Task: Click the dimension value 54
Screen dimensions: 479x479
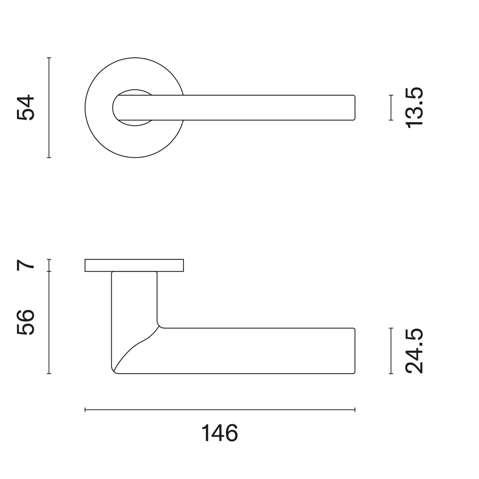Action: click(26, 107)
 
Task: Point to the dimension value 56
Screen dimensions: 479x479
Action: click(26, 322)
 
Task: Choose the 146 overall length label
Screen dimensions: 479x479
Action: click(220, 433)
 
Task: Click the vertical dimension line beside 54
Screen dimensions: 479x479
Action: click(49, 108)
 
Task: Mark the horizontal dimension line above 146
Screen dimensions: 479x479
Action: click(220, 410)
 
